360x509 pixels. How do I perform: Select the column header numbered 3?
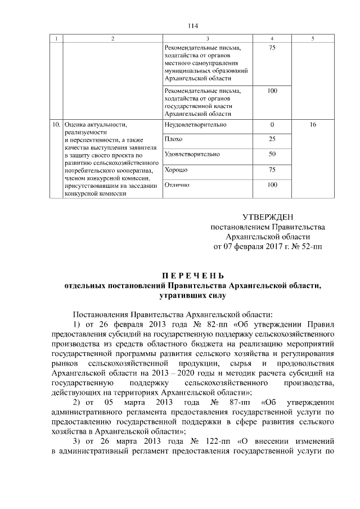pyautogui.click(x=208, y=38)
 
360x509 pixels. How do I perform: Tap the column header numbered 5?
pyautogui.click(x=313, y=38)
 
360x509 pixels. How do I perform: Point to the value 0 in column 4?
pyautogui.click(x=272, y=124)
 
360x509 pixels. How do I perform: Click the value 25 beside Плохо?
pyautogui.click(x=272, y=139)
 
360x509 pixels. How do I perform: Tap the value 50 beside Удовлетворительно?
pyautogui.click(x=272, y=154)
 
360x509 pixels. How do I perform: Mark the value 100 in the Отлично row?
pyautogui.click(x=272, y=184)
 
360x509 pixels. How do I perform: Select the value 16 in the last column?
pyautogui.click(x=313, y=124)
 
